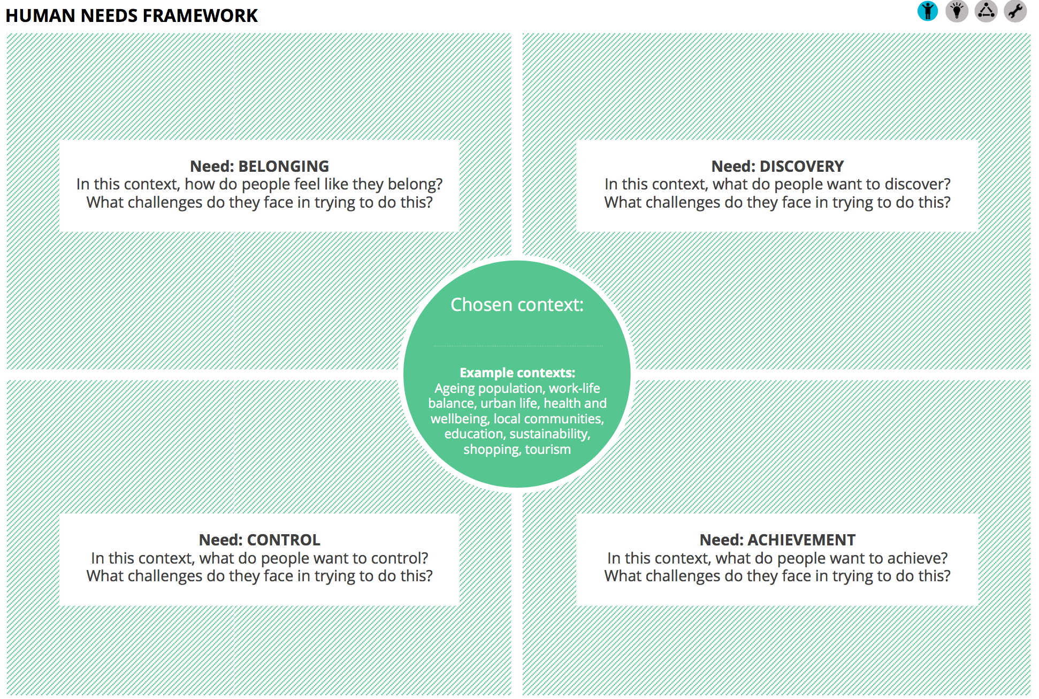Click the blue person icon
point(927,11)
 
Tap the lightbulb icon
point(957,11)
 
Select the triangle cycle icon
point(985,11)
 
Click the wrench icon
point(1015,11)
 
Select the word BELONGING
point(284,166)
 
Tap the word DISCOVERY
point(801,166)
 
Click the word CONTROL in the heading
point(283,540)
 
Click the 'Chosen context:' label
point(517,305)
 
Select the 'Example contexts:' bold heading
point(517,373)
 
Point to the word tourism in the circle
point(548,450)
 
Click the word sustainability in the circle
point(549,434)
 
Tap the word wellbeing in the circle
point(460,419)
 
